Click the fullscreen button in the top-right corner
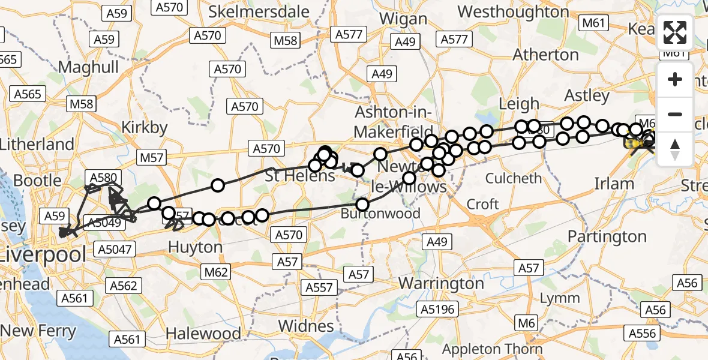(x=675, y=32)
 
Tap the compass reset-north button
(x=675, y=149)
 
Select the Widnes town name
(x=308, y=326)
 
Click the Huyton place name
(x=195, y=247)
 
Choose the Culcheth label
(x=513, y=178)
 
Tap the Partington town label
(x=607, y=236)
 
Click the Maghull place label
(x=89, y=67)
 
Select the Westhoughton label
(x=513, y=11)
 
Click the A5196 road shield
(x=439, y=309)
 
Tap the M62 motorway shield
(x=216, y=272)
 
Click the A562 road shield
(x=124, y=286)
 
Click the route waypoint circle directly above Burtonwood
(x=362, y=205)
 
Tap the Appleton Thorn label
(x=492, y=349)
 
